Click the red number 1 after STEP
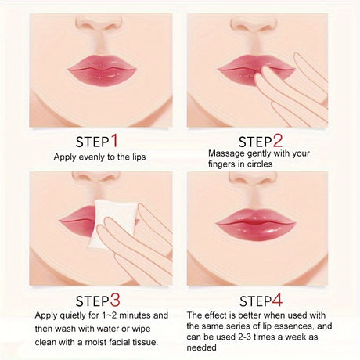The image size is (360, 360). click(x=114, y=141)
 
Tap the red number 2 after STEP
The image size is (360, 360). click(x=278, y=141)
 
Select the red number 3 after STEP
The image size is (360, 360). click(x=115, y=300)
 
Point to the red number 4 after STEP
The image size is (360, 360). click(x=277, y=300)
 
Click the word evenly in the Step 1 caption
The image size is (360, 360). click(x=89, y=157)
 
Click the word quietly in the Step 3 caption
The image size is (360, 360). click(x=73, y=316)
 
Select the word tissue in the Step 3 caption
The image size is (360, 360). click(x=146, y=342)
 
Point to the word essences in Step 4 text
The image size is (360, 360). click(x=293, y=326)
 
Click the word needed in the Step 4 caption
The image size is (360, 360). click(x=201, y=347)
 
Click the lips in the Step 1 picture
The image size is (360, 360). click(x=102, y=69)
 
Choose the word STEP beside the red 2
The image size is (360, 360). click(x=255, y=142)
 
